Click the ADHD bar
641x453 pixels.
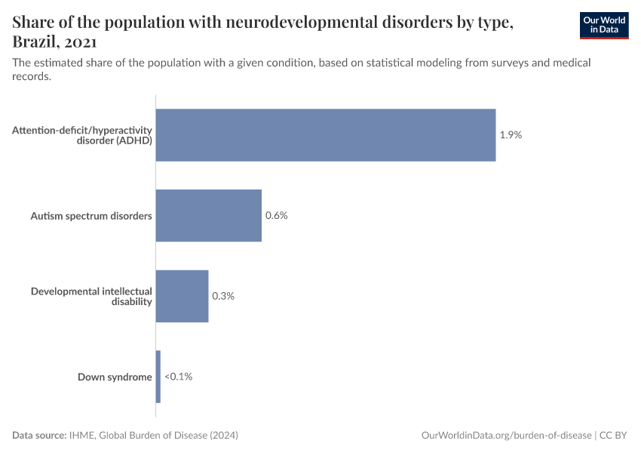tap(325, 135)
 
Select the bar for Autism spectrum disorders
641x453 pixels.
tap(208, 215)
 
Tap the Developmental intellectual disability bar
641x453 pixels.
tap(182, 296)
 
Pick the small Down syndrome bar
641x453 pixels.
tap(158, 376)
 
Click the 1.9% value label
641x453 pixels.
tap(511, 135)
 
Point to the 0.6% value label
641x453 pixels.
tap(277, 215)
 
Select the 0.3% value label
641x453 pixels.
tap(223, 296)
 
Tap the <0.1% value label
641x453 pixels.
tap(179, 376)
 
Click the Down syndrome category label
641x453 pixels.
tap(115, 377)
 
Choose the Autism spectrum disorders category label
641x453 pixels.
tap(91, 216)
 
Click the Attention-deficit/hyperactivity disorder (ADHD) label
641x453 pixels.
tap(82, 135)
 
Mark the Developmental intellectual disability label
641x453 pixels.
tap(91, 296)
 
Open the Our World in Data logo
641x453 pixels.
tap(604, 25)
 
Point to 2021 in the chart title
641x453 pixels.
tap(79, 42)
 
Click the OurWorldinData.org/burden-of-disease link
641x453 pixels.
tap(505, 436)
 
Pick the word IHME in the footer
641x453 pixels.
tap(81, 436)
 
